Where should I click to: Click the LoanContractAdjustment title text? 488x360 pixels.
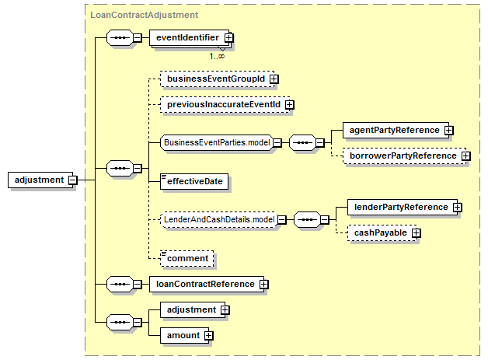tap(144, 15)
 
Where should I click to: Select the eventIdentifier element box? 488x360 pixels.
tap(190, 37)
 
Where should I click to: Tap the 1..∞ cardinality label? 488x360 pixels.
tap(217, 56)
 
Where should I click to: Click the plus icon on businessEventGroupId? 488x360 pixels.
tap(274, 79)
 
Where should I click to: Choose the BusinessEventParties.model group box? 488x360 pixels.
tap(217, 142)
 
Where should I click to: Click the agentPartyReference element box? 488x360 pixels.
tap(396, 130)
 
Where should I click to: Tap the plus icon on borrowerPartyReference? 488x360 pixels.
tap(466, 156)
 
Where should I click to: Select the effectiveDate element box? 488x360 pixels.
tap(194, 182)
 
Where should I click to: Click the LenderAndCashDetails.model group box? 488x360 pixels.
tap(219, 219)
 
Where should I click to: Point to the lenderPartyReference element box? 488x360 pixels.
tap(403, 207)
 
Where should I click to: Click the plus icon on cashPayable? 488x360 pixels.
tap(416, 233)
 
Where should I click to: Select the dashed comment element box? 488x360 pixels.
tap(187, 258)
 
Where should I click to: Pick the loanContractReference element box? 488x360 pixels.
tap(207, 284)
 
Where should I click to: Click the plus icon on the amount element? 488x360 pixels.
tap(209, 336)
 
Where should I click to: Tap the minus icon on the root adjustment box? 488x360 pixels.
tap(73, 180)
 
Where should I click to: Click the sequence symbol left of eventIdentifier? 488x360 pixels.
tap(120, 37)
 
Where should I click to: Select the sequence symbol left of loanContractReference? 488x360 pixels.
tap(120, 284)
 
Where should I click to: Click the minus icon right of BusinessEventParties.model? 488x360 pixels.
tap(277, 142)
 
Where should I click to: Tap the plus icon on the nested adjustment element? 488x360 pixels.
tap(225, 310)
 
